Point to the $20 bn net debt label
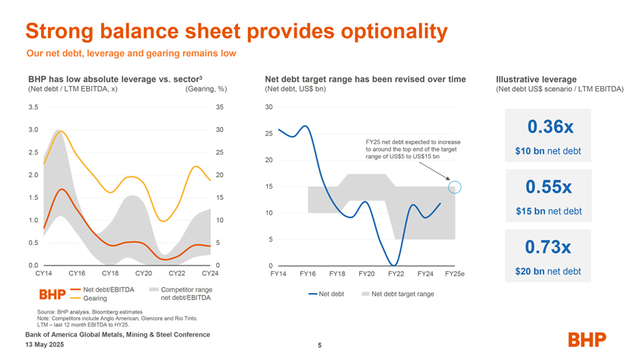click(x=548, y=272)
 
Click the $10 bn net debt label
click(x=548, y=151)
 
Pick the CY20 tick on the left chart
click(x=145, y=273)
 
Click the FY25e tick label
click(x=455, y=273)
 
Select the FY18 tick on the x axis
click(x=337, y=273)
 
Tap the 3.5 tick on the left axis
click(x=33, y=107)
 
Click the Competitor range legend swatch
click(x=154, y=290)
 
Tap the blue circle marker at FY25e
click(x=455, y=186)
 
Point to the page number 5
click(x=319, y=346)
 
